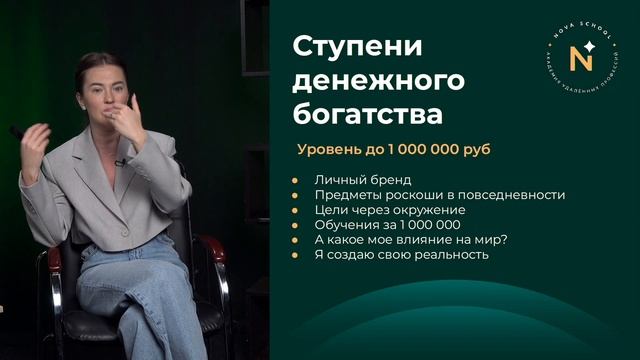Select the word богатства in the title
click(367, 114)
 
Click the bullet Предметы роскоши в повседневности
click(440, 195)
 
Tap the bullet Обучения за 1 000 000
click(379, 225)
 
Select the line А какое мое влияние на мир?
click(398, 240)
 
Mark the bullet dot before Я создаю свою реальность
click(296, 255)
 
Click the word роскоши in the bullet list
click(408, 195)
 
